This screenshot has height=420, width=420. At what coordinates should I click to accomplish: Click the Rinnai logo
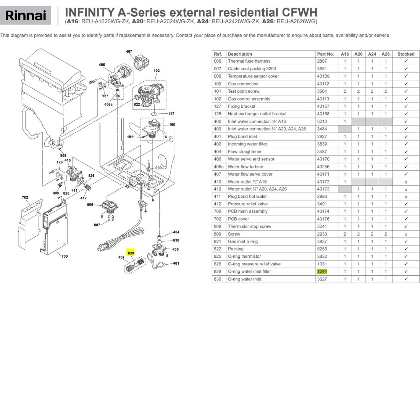(x=26, y=15)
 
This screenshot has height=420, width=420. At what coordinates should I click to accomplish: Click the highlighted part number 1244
(x=322, y=271)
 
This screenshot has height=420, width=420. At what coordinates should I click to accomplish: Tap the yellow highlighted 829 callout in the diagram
(x=131, y=253)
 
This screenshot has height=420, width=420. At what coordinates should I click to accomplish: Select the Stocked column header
(x=406, y=54)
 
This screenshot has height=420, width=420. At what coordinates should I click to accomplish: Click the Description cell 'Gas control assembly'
(x=249, y=99)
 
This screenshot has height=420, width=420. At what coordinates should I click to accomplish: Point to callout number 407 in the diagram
(x=129, y=52)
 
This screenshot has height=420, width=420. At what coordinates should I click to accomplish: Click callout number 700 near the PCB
(x=65, y=256)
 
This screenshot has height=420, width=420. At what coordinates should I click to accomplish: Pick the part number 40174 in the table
(x=323, y=212)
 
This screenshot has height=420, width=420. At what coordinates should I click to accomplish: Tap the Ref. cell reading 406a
(x=218, y=166)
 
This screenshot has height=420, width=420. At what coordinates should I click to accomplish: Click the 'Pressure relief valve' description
(x=248, y=204)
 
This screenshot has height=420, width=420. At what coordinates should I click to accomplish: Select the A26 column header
(x=386, y=54)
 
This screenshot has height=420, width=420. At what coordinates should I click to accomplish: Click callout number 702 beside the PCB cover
(x=25, y=197)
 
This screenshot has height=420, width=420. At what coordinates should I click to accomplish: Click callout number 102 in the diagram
(x=157, y=71)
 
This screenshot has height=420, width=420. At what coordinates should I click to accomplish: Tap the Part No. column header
(x=325, y=54)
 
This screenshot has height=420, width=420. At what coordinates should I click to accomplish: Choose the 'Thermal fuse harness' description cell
(x=249, y=61)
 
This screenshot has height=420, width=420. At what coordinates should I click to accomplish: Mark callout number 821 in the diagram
(x=171, y=113)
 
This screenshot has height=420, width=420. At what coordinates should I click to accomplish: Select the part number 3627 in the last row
(x=322, y=279)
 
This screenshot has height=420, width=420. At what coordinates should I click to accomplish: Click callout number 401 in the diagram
(x=176, y=263)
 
